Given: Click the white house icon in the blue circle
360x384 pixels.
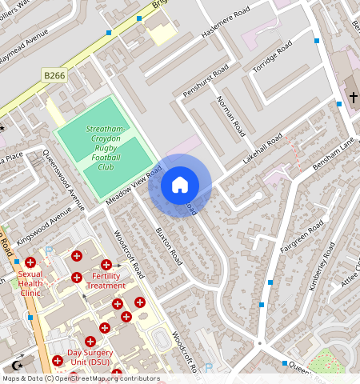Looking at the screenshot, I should [180, 185].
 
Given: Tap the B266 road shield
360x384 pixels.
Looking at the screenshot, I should [54, 74].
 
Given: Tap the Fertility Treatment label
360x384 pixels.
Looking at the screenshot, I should [106, 281].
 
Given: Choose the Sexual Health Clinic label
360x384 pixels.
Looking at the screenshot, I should [30, 282].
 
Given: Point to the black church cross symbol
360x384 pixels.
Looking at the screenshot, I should [353, 98].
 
